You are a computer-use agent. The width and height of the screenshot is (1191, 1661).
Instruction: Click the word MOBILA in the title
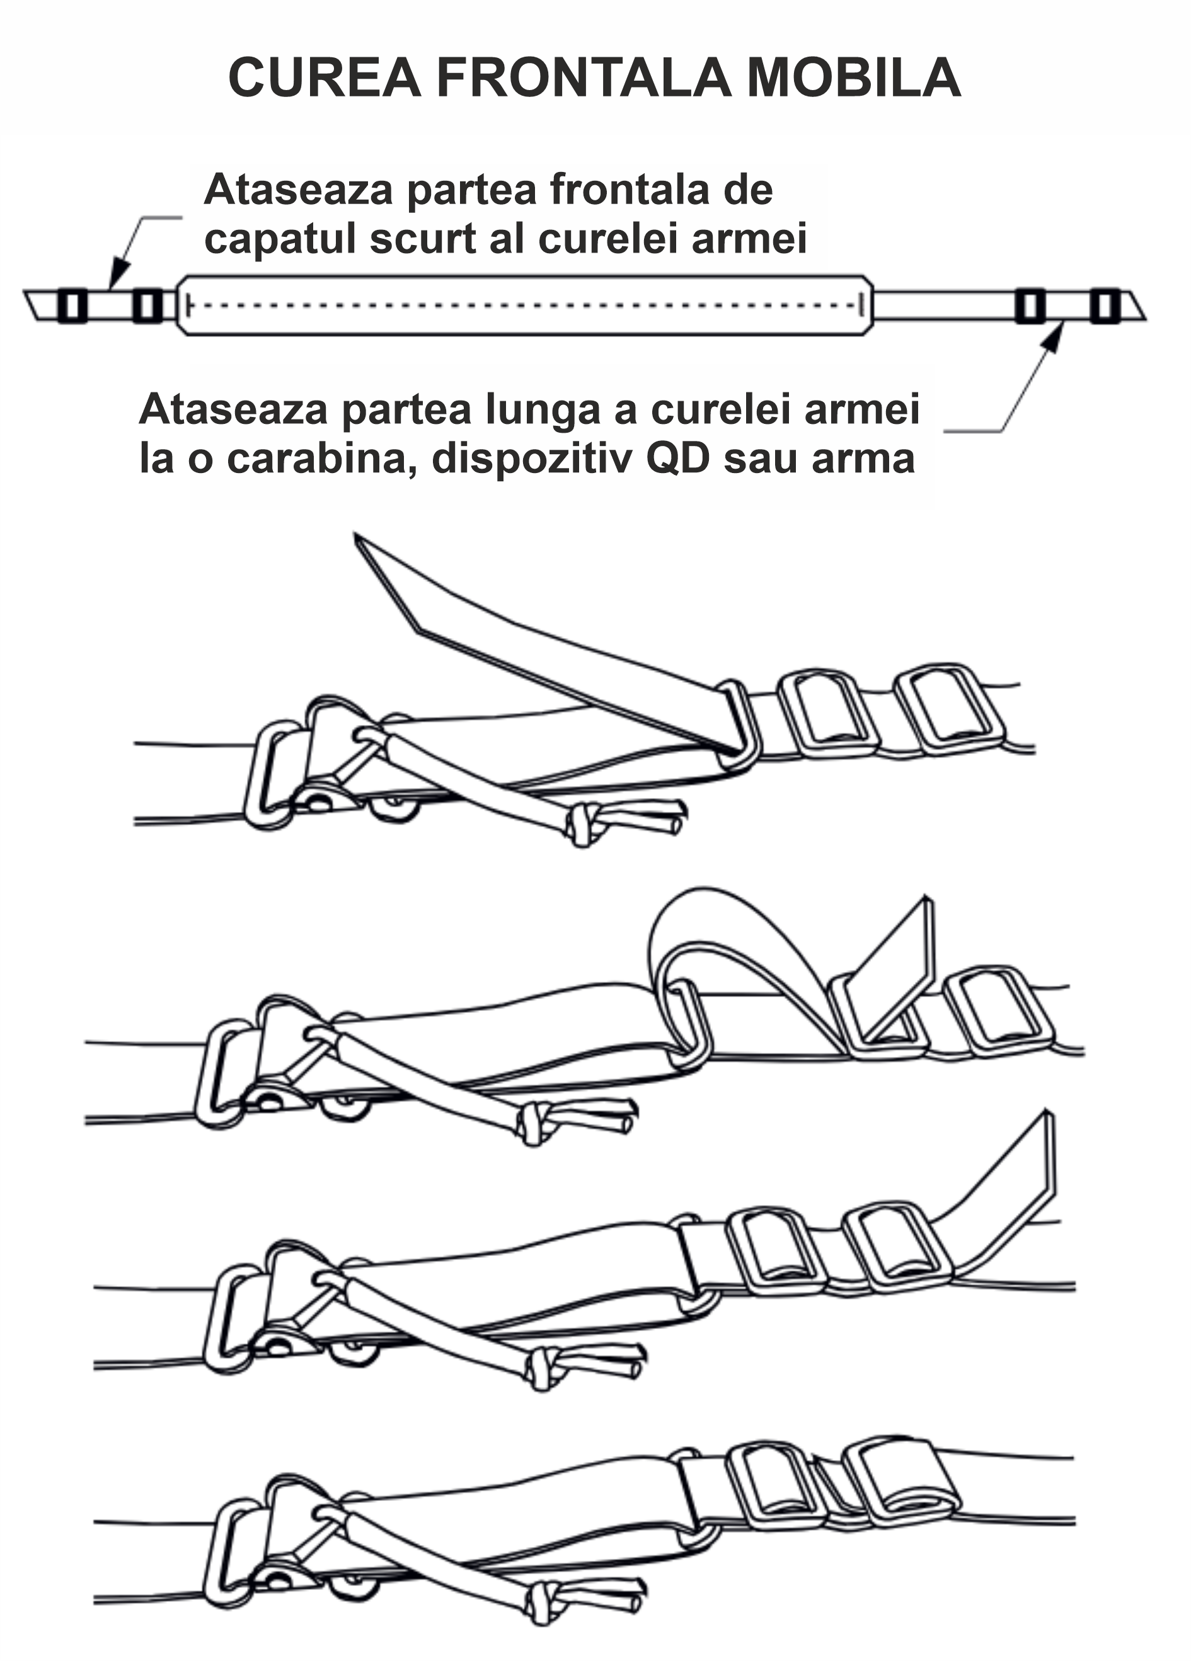click(853, 77)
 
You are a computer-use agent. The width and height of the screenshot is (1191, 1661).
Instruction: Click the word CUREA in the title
click(325, 77)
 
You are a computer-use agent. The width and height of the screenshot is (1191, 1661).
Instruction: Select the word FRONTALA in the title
click(584, 77)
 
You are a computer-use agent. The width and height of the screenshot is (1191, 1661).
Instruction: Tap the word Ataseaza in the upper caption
click(299, 190)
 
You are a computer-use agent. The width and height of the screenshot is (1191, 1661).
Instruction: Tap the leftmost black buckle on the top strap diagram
click(72, 305)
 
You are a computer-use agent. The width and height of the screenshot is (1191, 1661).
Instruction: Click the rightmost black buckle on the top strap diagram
click(1105, 305)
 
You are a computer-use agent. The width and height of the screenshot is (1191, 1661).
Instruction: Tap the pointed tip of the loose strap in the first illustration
click(356, 535)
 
